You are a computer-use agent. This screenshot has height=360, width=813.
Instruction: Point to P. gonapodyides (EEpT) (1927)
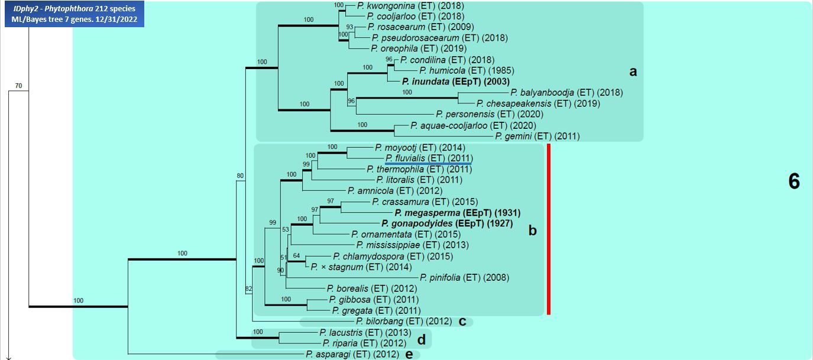(447, 223)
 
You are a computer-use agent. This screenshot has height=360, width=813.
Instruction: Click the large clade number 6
(793, 182)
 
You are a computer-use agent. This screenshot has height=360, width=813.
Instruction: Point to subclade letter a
(633, 72)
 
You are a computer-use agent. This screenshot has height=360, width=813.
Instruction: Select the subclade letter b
(532, 231)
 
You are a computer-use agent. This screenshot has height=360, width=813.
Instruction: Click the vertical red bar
(549, 229)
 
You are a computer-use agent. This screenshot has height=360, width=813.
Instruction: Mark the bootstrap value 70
(18, 86)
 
